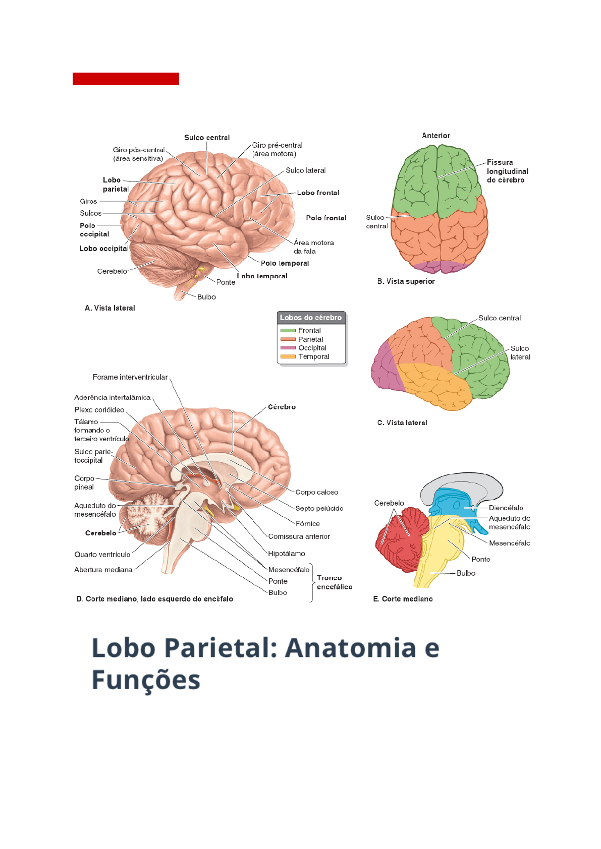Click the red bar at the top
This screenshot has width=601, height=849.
coord(126,79)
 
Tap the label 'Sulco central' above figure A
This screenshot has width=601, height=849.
coord(207,138)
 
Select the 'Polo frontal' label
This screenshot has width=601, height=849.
coord(326,218)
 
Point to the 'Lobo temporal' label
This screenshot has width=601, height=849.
coord(262,276)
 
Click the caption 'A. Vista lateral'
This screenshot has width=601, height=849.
coord(110,308)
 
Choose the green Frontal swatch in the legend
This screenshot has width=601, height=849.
coord(288,330)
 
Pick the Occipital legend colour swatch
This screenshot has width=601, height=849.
coord(288,348)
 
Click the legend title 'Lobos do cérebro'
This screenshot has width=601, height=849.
coord(311,318)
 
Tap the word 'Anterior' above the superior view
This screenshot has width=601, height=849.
coord(436,136)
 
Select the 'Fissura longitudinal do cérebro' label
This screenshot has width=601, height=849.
coord(507,171)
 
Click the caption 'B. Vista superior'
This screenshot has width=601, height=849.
coord(406,281)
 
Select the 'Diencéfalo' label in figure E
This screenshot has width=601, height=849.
coord(506,508)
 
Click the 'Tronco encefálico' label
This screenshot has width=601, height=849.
coord(334,582)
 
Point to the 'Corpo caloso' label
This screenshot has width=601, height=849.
coord(316,492)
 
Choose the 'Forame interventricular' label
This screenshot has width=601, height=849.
coord(130,377)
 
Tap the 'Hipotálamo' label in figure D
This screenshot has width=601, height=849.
coord(287,554)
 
